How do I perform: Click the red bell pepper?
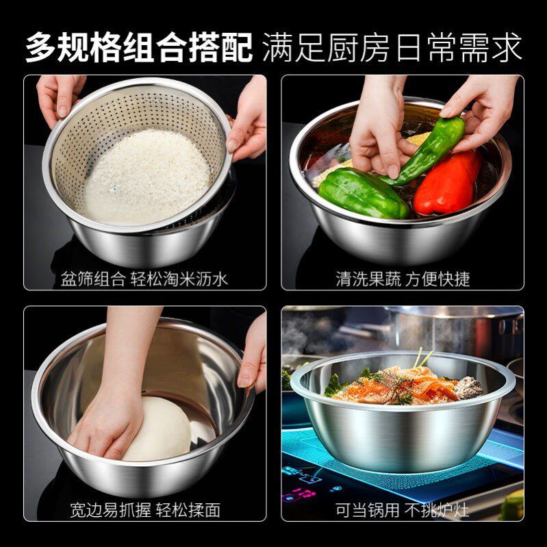(449, 183)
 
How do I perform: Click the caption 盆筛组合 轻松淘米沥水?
(144, 279)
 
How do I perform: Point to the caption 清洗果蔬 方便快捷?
(403, 279)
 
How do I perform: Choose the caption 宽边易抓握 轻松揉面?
(144, 510)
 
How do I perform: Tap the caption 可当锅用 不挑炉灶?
(403, 510)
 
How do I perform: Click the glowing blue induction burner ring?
(411, 472)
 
